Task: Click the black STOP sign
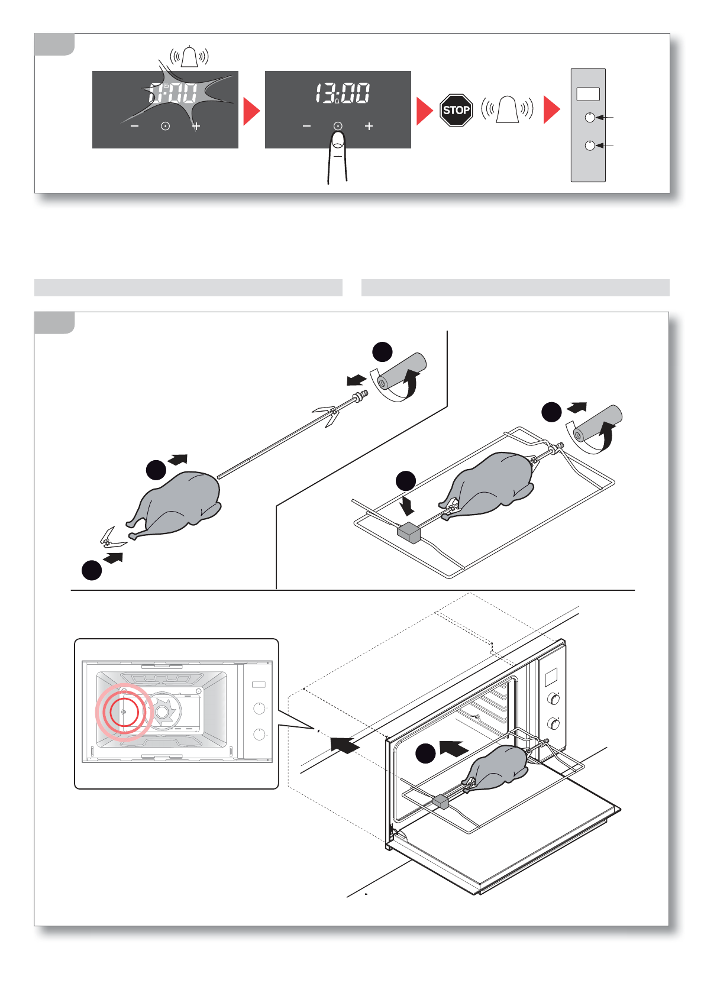coord(456,110)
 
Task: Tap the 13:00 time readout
coord(343,93)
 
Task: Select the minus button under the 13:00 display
coord(306,126)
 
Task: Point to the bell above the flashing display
coord(189,57)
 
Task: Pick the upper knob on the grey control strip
coord(589,117)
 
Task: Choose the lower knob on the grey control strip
coord(589,145)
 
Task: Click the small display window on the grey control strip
coord(588,94)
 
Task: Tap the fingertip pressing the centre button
coord(338,142)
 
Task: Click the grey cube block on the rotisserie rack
coord(409,532)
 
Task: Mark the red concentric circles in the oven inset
coord(124,713)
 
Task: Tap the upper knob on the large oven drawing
coord(554,699)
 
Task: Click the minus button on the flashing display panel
coord(135,126)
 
